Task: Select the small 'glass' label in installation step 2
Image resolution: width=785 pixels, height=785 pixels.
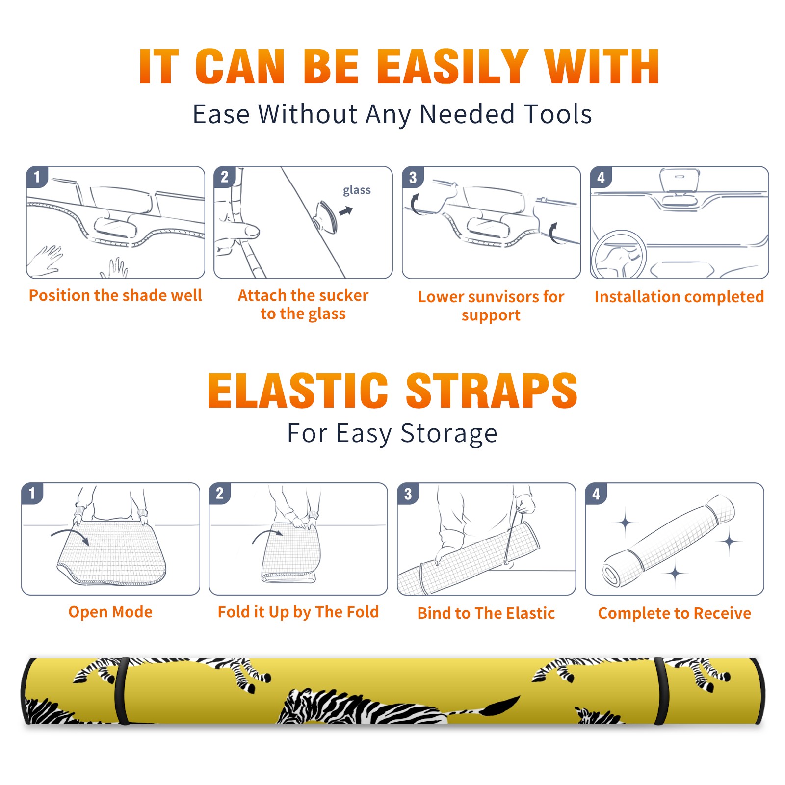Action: click(x=357, y=190)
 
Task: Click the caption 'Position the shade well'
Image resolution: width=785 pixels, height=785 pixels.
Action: click(x=115, y=295)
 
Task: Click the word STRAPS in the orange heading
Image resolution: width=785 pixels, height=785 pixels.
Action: click(x=492, y=391)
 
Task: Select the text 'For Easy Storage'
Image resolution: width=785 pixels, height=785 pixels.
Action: click(x=392, y=433)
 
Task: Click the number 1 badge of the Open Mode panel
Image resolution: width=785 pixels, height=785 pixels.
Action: click(x=32, y=493)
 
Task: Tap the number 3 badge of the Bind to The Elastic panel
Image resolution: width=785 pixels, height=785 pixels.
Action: click(x=408, y=494)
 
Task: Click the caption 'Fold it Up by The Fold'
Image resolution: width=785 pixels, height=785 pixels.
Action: click(x=298, y=612)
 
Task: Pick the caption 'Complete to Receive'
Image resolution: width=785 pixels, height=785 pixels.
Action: click(x=675, y=613)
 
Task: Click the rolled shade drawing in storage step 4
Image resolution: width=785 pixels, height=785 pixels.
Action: click(x=669, y=541)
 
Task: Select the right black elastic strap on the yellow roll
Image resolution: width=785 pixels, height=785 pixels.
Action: click(x=661, y=691)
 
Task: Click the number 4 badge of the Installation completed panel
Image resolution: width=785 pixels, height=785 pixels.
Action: click(x=601, y=177)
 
